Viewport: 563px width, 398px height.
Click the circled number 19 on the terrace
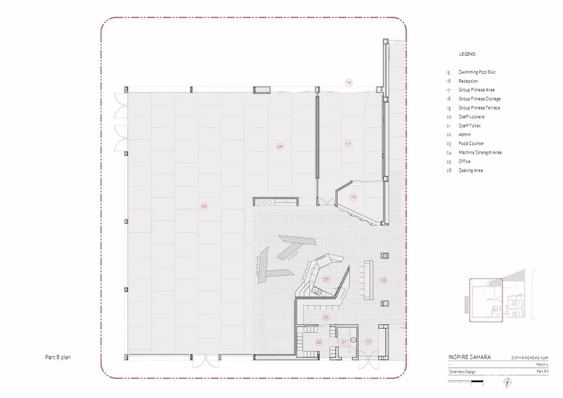[x=348, y=83]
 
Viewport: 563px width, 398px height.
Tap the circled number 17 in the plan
[x=348, y=145]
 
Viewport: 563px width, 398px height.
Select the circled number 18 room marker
[x=354, y=197]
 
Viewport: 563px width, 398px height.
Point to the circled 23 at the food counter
[x=326, y=279]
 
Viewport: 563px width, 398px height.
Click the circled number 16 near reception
[x=383, y=280]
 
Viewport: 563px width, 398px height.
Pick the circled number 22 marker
[x=325, y=317]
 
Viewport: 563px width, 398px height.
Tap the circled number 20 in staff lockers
[x=319, y=342]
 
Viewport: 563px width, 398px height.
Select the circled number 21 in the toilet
[x=345, y=342]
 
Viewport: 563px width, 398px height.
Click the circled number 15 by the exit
[x=369, y=342]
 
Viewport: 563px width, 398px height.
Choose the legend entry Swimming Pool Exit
[x=477, y=72]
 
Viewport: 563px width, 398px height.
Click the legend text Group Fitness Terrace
[x=479, y=108]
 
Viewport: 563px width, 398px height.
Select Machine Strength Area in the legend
[x=480, y=153]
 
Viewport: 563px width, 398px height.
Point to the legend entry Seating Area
[x=470, y=171]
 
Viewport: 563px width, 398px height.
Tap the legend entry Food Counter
[x=471, y=144]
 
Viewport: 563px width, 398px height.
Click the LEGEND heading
[x=467, y=54]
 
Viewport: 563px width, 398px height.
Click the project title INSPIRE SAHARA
[x=469, y=357]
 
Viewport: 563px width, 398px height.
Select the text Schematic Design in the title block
[x=463, y=372]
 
